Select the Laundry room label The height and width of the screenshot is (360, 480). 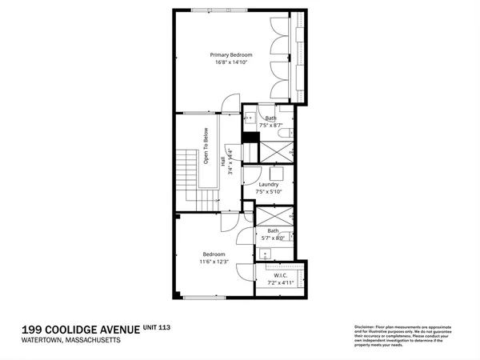coord(268,184)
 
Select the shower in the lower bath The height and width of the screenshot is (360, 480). coord(274,217)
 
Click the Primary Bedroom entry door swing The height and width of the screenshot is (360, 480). coord(231,102)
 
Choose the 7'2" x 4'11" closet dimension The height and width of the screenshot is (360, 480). coord(281,282)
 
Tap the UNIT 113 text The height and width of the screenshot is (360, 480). coord(156,327)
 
